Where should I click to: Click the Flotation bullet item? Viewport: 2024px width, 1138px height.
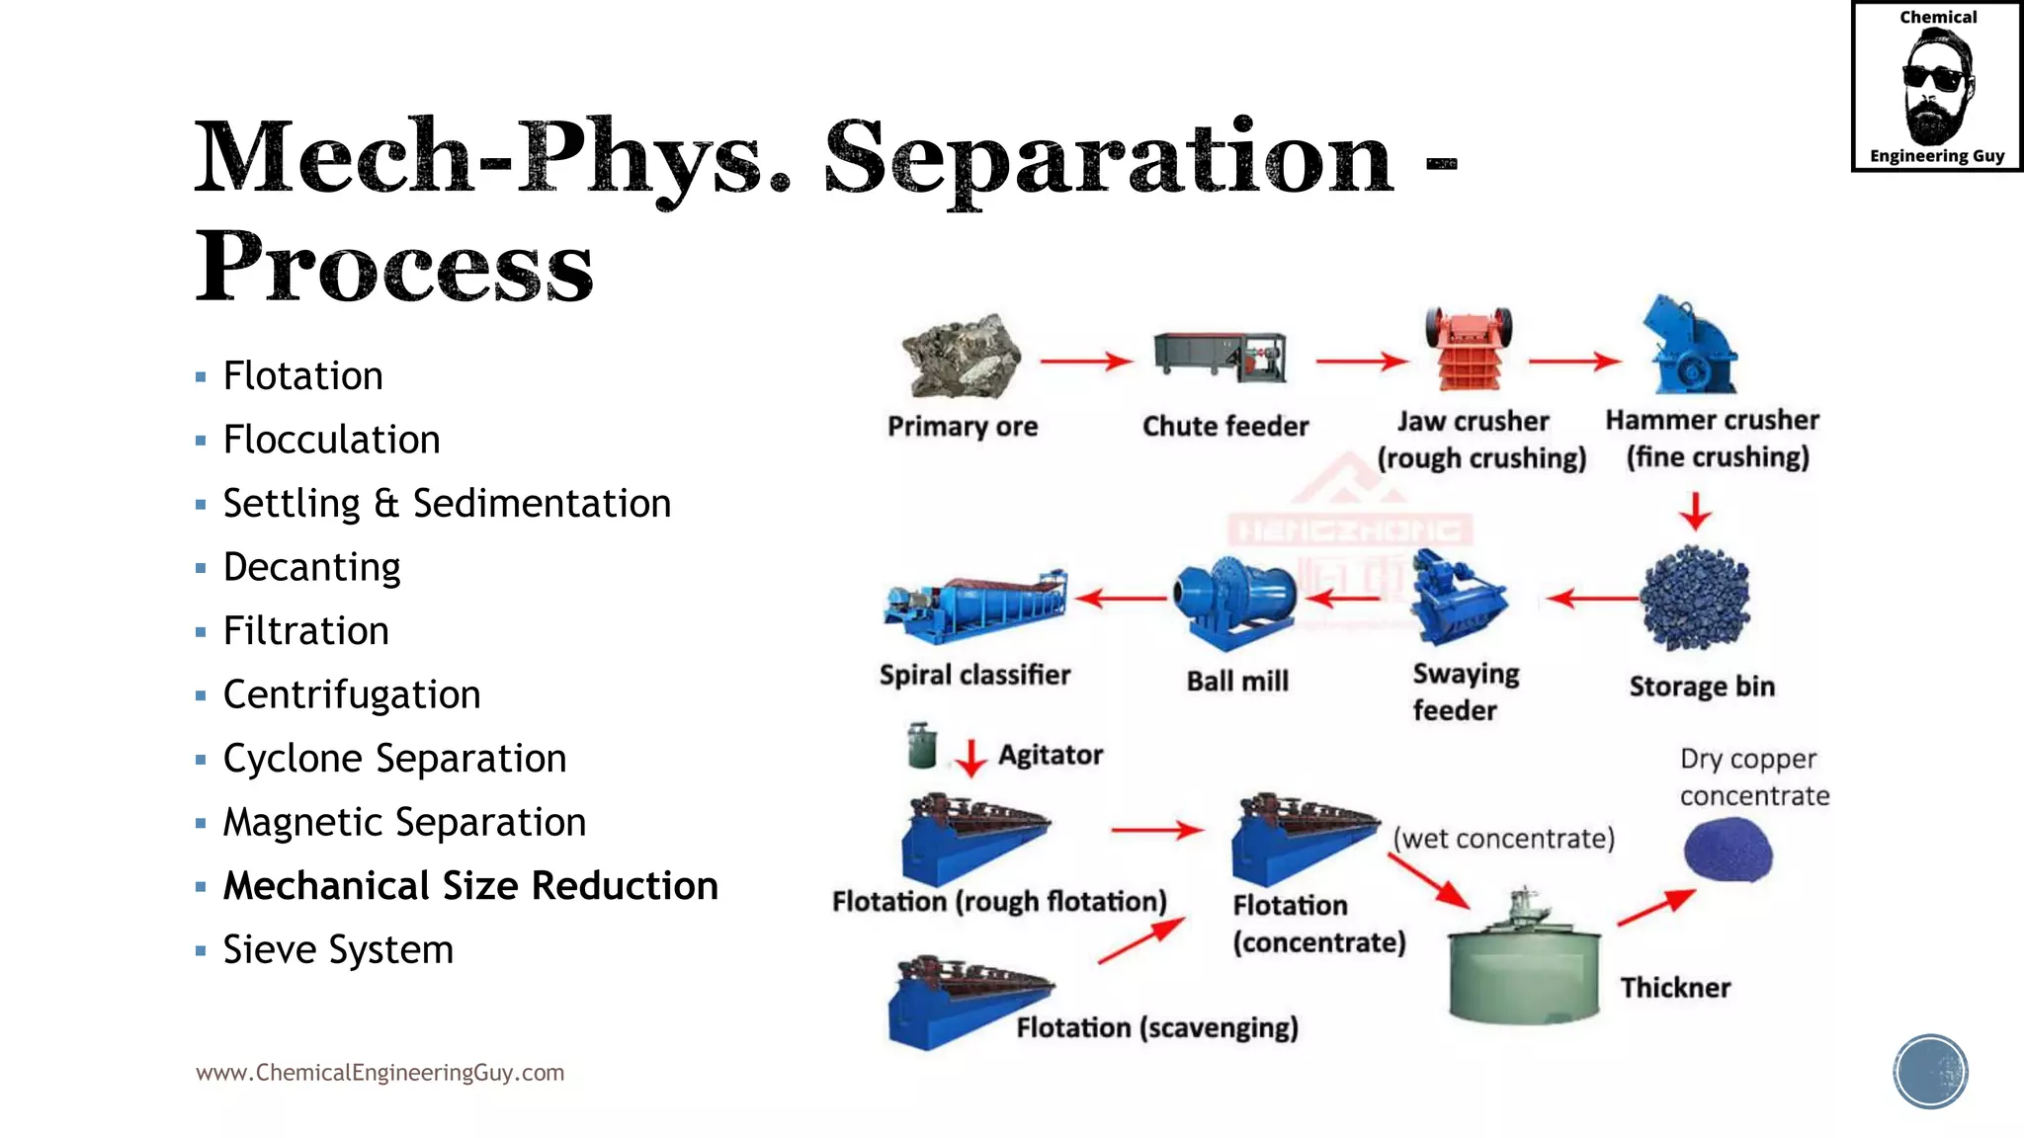(x=302, y=376)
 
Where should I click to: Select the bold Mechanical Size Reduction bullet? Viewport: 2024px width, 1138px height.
(x=470, y=886)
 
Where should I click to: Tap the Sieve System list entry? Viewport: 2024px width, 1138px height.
(x=338, y=950)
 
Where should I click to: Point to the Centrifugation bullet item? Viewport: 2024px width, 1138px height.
(x=352, y=695)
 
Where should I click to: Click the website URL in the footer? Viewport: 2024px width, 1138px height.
(x=379, y=1073)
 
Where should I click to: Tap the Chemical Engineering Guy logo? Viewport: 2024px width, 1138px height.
(x=1937, y=87)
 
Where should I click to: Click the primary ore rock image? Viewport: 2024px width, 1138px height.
(x=962, y=357)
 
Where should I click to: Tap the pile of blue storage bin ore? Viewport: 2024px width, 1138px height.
(x=1695, y=599)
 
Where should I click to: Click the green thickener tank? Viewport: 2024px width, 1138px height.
(x=1523, y=963)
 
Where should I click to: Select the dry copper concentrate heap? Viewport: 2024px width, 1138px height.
(x=1728, y=849)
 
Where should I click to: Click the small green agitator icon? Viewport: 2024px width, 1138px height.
(x=922, y=746)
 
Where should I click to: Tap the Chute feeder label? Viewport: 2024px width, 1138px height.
(x=1225, y=427)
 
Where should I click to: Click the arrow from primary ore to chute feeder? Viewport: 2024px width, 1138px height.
(x=1085, y=362)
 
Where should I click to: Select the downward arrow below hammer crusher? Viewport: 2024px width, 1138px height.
(x=1696, y=511)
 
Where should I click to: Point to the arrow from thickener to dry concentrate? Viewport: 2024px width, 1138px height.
(x=1656, y=907)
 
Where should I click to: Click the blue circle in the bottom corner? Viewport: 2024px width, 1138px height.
(x=1930, y=1071)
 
